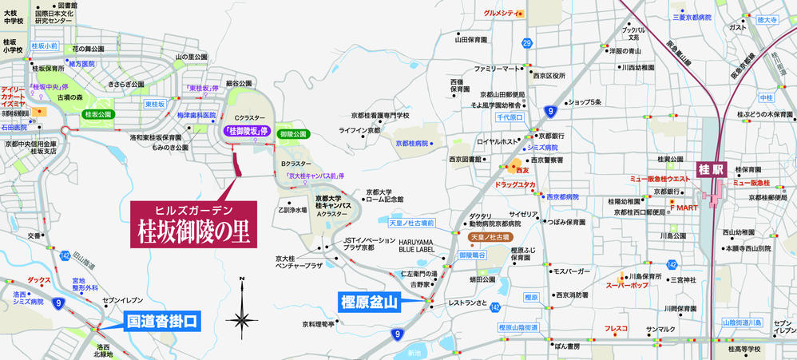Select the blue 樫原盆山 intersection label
pos(374,302)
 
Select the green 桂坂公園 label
pos(99,114)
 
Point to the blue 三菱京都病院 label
pos(692,16)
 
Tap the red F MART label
pos(684,206)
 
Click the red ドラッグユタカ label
pos(515,184)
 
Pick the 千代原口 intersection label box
pos(510,117)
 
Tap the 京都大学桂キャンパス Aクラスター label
pos(333,205)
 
